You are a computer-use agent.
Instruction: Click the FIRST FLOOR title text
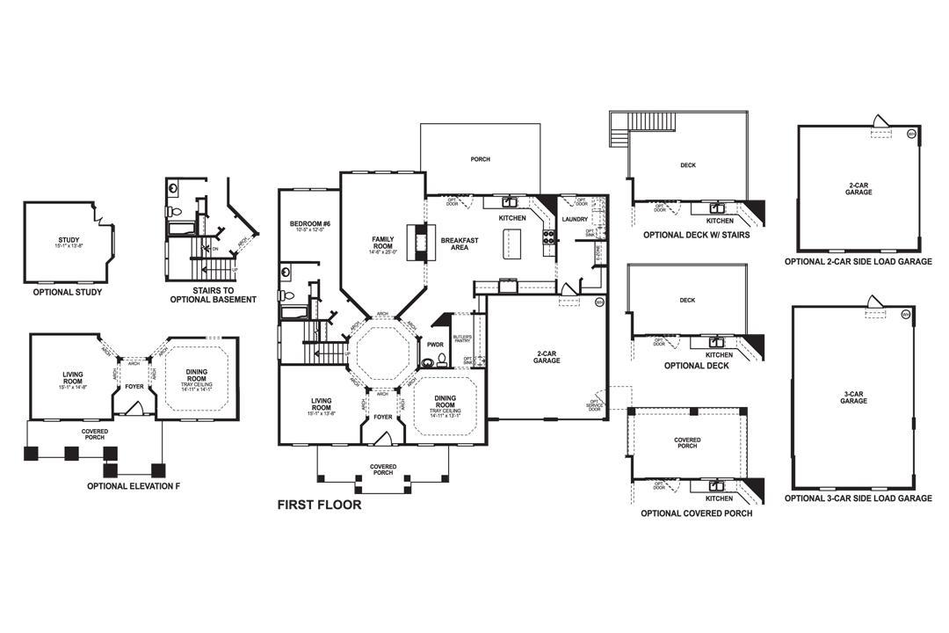coord(319,506)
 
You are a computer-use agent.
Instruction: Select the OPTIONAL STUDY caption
coord(68,292)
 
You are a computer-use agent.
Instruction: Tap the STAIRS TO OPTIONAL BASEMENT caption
coord(213,295)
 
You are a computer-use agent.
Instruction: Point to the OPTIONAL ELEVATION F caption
coord(134,485)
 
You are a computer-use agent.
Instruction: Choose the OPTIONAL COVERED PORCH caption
coord(696,513)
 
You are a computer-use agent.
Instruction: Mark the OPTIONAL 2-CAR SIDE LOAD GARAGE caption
coord(858,262)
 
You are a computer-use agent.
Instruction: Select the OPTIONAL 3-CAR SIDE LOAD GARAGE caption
coord(858,498)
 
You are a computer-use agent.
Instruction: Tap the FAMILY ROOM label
coord(383,243)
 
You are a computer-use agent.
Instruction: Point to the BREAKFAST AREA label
coord(459,244)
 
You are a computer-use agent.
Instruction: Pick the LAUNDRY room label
coord(575,219)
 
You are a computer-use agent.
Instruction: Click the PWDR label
coord(435,345)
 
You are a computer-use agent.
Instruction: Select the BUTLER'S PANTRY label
coord(462,339)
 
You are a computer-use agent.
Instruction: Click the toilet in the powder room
coord(428,360)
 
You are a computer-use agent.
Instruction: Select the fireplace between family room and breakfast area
coord(417,242)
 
